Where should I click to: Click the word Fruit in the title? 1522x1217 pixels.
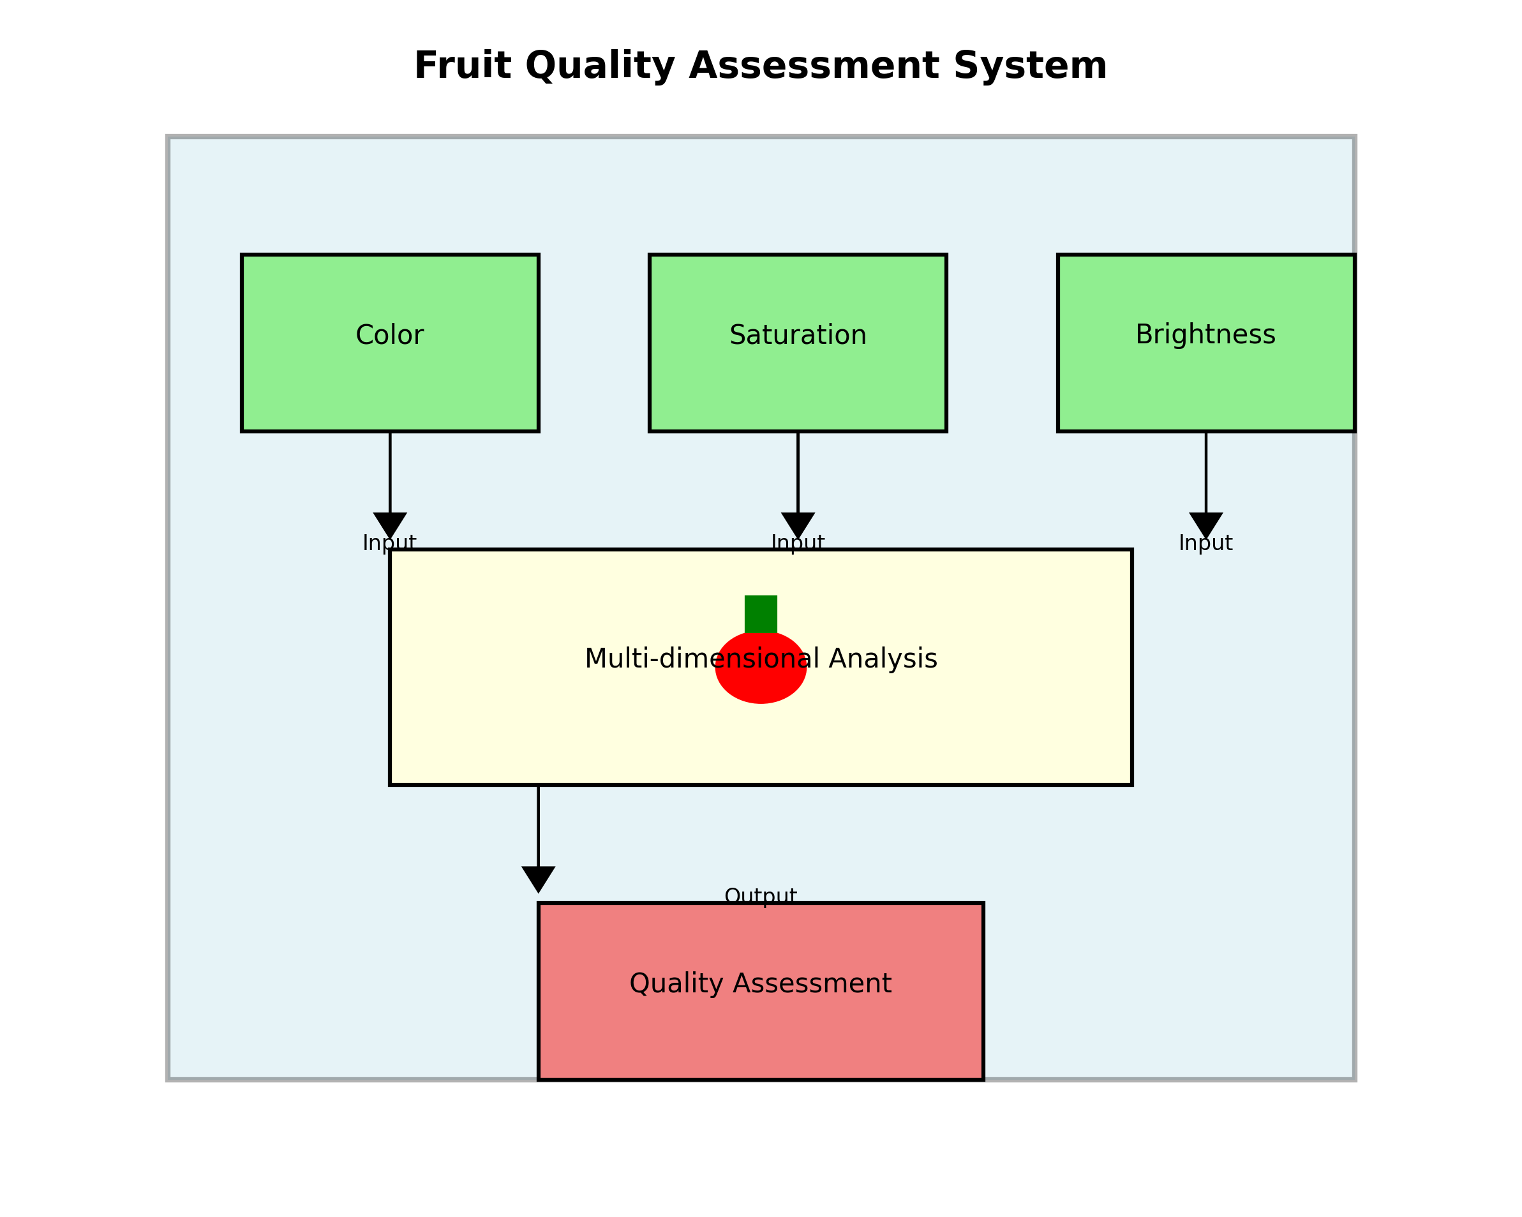(461, 66)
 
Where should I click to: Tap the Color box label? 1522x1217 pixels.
(390, 335)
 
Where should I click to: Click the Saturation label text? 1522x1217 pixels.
(798, 335)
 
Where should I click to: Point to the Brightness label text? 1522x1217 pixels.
(1205, 334)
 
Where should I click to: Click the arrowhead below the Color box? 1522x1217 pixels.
(390, 525)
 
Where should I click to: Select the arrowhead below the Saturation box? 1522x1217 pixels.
(798, 525)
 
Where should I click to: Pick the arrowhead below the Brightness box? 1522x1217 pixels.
(1205, 525)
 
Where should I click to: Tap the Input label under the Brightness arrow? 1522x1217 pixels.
(1205, 543)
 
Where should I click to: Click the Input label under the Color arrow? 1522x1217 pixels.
(390, 543)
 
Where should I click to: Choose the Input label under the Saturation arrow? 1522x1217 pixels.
(798, 543)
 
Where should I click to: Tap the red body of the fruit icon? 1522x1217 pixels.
(761, 681)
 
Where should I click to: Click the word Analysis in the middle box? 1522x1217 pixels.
(883, 659)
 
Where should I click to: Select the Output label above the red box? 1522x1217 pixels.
(761, 897)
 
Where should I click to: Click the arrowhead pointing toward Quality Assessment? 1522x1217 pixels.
(538, 878)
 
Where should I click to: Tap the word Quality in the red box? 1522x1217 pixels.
(676, 983)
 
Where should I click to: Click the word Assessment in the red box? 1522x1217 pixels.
(812, 983)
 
